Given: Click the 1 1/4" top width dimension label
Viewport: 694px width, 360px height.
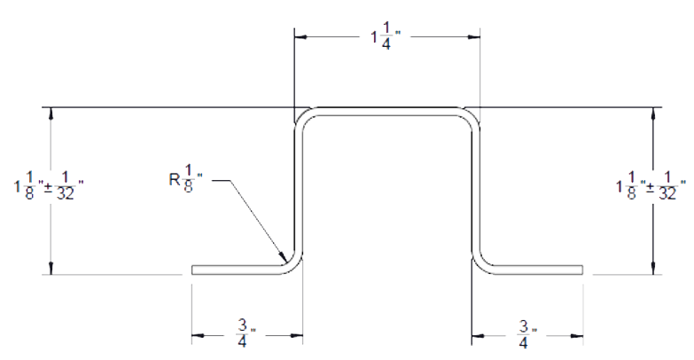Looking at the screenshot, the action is (x=386, y=37).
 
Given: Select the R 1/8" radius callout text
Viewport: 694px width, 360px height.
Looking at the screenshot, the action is (x=186, y=179).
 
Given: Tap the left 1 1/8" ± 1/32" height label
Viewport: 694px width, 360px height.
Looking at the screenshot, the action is (x=49, y=186).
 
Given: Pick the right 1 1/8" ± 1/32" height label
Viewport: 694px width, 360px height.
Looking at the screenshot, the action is (x=651, y=186).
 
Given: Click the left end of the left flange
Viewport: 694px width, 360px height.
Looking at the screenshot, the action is (x=192, y=270).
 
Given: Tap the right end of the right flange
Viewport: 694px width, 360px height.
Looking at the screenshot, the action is (x=582, y=270).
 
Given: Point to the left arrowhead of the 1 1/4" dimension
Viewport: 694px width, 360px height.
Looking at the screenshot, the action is (x=300, y=37).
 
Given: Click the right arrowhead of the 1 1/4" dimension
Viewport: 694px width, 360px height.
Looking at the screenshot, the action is (x=474, y=37).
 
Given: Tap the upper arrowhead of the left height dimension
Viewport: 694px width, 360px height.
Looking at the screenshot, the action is (x=51, y=113).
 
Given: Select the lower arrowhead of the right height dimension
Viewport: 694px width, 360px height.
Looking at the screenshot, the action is (x=653, y=269).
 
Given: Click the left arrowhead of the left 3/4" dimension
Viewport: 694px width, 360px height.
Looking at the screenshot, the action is (x=198, y=336).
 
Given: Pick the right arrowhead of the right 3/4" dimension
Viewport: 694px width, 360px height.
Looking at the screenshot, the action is (x=577, y=336).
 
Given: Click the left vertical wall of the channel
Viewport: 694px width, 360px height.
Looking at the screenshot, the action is (x=299, y=191).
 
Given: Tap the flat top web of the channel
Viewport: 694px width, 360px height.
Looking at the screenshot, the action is (x=387, y=111).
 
